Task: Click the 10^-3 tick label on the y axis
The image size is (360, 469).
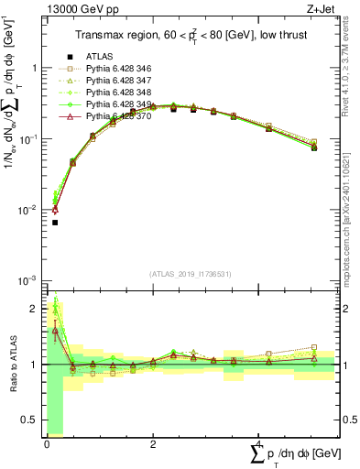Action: click(28, 280)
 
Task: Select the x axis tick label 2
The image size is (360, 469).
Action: click(152, 445)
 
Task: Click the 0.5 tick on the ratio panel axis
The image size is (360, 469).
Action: click(31, 420)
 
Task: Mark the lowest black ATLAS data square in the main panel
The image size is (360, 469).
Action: click(55, 223)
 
